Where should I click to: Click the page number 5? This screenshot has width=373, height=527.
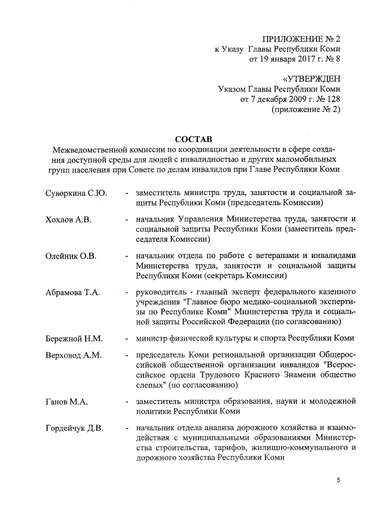click(x=338, y=480)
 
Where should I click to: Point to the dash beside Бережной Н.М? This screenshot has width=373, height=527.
click(x=127, y=338)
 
